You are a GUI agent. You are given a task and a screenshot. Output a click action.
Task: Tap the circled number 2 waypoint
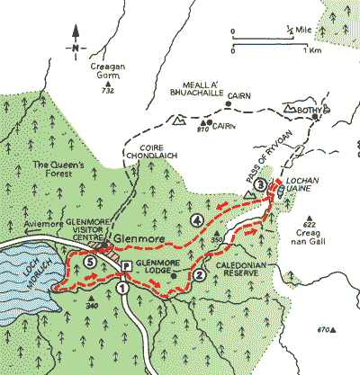pyautogui.click(x=199, y=275)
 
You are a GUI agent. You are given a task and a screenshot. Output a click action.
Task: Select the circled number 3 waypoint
pyautogui.click(x=260, y=184)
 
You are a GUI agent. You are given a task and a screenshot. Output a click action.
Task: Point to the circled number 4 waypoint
pyautogui.click(x=196, y=220)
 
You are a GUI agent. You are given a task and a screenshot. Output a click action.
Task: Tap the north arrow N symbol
pyautogui.click(x=76, y=49)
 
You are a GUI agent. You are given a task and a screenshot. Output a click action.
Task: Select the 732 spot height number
pyautogui.click(x=109, y=92)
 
